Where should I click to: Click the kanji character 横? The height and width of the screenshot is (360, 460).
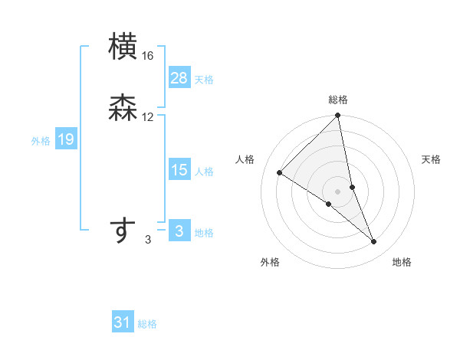click(124, 47)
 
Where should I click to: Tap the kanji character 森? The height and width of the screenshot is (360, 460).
click(124, 109)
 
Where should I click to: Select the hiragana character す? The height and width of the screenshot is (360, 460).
click(124, 231)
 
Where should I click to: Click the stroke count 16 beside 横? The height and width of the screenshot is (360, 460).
click(148, 56)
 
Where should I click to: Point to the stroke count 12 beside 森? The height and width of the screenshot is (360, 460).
click(148, 117)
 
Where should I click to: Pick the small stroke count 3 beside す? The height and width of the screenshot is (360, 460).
click(148, 241)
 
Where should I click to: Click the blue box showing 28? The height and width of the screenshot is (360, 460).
click(179, 78)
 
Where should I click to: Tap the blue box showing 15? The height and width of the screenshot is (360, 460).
click(179, 170)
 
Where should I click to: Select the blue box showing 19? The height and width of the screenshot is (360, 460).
click(65, 139)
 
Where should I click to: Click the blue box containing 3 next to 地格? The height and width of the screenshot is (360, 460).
click(179, 231)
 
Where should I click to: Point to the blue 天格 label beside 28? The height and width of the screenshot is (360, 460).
click(204, 79)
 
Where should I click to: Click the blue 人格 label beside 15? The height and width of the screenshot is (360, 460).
click(204, 171)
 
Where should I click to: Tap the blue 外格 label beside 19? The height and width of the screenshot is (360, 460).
click(41, 140)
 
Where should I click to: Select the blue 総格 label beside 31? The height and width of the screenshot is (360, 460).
click(147, 323)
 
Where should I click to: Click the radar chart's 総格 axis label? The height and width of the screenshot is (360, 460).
click(338, 100)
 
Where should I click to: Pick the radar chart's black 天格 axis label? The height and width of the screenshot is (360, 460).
click(431, 159)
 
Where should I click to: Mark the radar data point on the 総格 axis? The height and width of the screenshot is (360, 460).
click(338, 116)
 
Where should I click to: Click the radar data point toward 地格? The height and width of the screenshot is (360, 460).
click(374, 241)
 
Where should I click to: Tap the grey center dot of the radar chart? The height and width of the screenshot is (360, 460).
click(338, 191)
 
